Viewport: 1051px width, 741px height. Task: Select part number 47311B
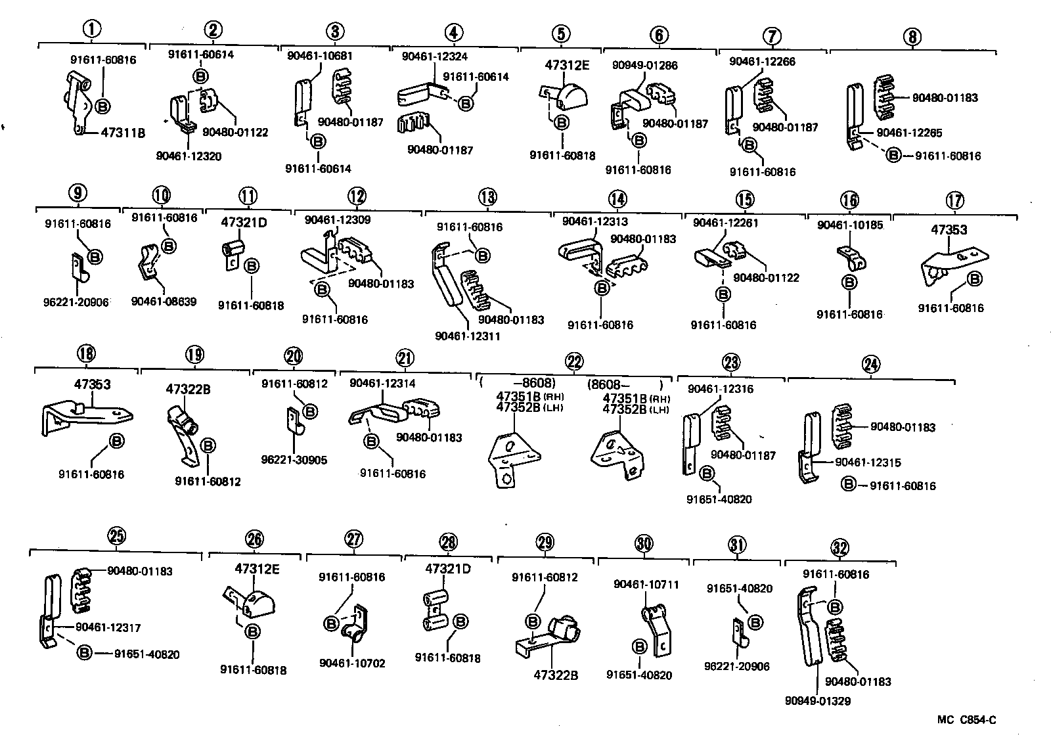123,133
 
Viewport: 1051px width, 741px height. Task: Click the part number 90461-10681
320,56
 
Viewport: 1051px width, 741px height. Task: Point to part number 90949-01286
644,66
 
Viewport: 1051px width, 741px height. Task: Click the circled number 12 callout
357,196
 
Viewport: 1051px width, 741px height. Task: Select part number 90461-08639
164,302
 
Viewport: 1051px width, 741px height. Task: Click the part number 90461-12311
468,336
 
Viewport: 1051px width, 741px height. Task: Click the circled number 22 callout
573,362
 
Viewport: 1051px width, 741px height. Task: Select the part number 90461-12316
721,389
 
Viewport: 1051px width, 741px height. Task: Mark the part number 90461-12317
108,628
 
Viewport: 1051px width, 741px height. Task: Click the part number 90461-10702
352,663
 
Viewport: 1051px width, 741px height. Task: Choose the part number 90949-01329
817,701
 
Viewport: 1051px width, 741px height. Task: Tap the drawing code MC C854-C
966,720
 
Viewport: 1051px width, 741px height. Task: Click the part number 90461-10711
646,585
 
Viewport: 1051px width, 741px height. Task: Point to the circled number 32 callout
839,547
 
